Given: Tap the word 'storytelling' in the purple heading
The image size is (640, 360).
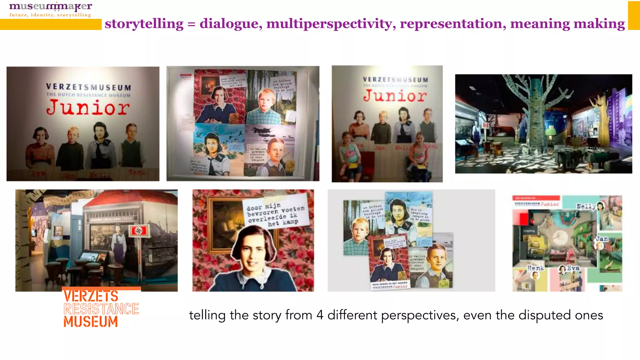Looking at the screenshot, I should pyautogui.click(x=144, y=24).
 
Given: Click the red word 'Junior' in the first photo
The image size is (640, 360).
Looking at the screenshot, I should pyautogui.click(x=88, y=108).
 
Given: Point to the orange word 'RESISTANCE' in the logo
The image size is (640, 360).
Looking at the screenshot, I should pyautogui.click(x=101, y=309).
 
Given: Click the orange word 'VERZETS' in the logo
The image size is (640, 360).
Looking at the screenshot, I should pyautogui.click(x=91, y=296).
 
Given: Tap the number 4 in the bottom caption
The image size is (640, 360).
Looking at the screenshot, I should pyautogui.click(x=320, y=315).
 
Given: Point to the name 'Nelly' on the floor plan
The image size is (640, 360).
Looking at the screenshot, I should pyautogui.click(x=586, y=206).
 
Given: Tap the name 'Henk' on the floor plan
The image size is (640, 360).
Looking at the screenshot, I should pyautogui.click(x=535, y=268).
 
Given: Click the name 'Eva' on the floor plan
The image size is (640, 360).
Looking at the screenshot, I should pyautogui.click(x=573, y=268).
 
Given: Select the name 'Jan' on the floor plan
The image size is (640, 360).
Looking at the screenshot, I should pyautogui.click(x=602, y=239).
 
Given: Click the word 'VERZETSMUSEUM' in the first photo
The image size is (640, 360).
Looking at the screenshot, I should pyautogui.click(x=88, y=87).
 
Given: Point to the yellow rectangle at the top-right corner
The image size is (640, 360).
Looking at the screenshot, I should pyautogui.click(x=634, y=16).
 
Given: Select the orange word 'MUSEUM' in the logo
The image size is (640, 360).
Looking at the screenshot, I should pyautogui.click(x=91, y=322).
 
